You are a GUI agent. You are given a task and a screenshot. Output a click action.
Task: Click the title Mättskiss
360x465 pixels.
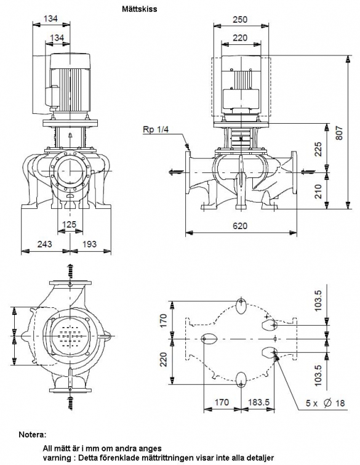pos(140,9)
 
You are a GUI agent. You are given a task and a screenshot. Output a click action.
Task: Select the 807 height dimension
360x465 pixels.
pos(339,133)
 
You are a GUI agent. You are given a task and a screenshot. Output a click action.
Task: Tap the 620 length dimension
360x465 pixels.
pos(240,226)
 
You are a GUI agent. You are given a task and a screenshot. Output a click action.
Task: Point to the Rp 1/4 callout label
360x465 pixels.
pos(156,129)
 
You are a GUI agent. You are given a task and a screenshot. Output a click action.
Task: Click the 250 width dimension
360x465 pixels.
pos(240,20)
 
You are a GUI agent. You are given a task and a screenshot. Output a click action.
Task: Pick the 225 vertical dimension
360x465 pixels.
pos(318,150)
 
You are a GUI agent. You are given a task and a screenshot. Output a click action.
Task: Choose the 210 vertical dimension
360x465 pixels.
pos(318,192)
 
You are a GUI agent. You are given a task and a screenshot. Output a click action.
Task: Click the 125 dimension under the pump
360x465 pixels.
pos(70,224)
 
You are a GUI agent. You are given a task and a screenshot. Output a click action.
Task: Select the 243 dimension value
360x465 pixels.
pos(44,244)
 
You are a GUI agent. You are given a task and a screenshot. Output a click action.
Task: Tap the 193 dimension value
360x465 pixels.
pos(89,244)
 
